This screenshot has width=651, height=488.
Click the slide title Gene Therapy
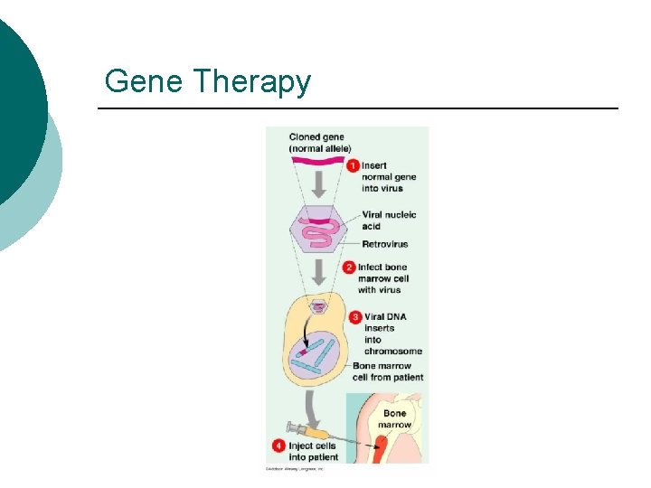(x=207, y=82)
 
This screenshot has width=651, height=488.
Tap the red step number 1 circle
(x=353, y=165)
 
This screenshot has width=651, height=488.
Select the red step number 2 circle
(x=349, y=267)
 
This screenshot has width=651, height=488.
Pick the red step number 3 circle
(x=356, y=317)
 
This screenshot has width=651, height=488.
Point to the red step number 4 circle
(x=278, y=446)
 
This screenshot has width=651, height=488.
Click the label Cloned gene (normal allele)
(x=320, y=143)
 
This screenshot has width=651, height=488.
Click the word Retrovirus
(x=384, y=244)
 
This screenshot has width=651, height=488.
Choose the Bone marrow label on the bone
(x=394, y=418)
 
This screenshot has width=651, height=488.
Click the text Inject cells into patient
(x=312, y=451)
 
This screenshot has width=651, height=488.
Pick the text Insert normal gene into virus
(x=389, y=177)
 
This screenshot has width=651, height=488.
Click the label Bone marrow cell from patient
(x=388, y=371)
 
